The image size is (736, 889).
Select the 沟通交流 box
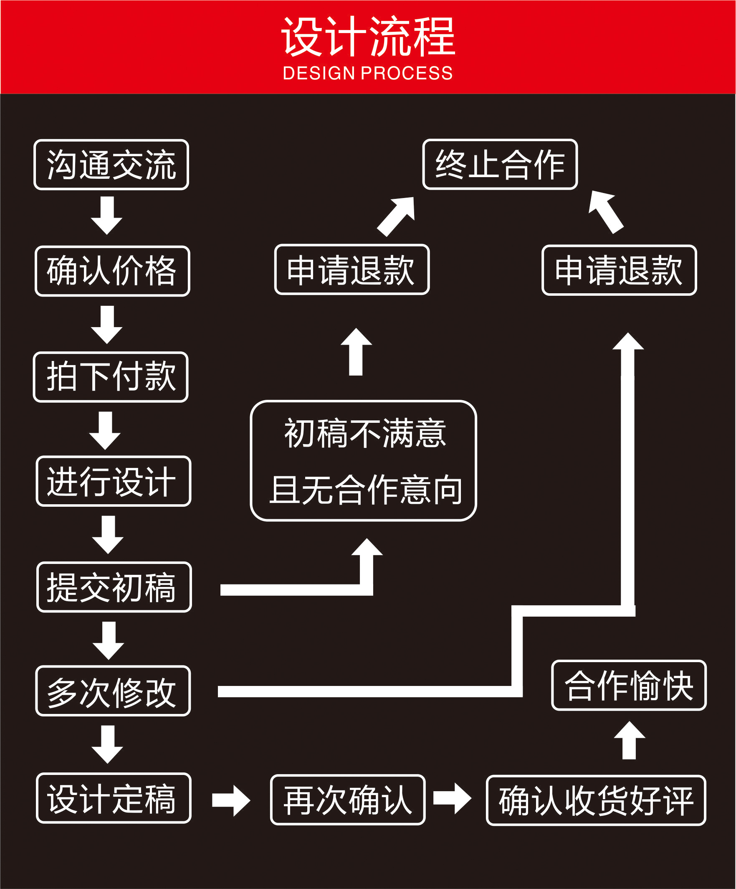[x=111, y=165]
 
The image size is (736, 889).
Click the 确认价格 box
[x=113, y=271]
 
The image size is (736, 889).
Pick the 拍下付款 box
[x=111, y=377]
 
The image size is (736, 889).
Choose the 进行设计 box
[x=114, y=481]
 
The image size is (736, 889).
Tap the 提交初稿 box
[x=114, y=587]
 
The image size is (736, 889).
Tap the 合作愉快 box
[x=629, y=686]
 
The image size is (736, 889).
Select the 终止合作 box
[x=500, y=164]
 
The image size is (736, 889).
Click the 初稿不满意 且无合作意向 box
[x=363, y=461]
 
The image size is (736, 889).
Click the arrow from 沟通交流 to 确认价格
[x=107, y=215]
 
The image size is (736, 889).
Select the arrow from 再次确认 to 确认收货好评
[x=452, y=798]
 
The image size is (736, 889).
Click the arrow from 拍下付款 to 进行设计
[x=105, y=430]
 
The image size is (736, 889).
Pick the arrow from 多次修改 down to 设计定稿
[x=107, y=744]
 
